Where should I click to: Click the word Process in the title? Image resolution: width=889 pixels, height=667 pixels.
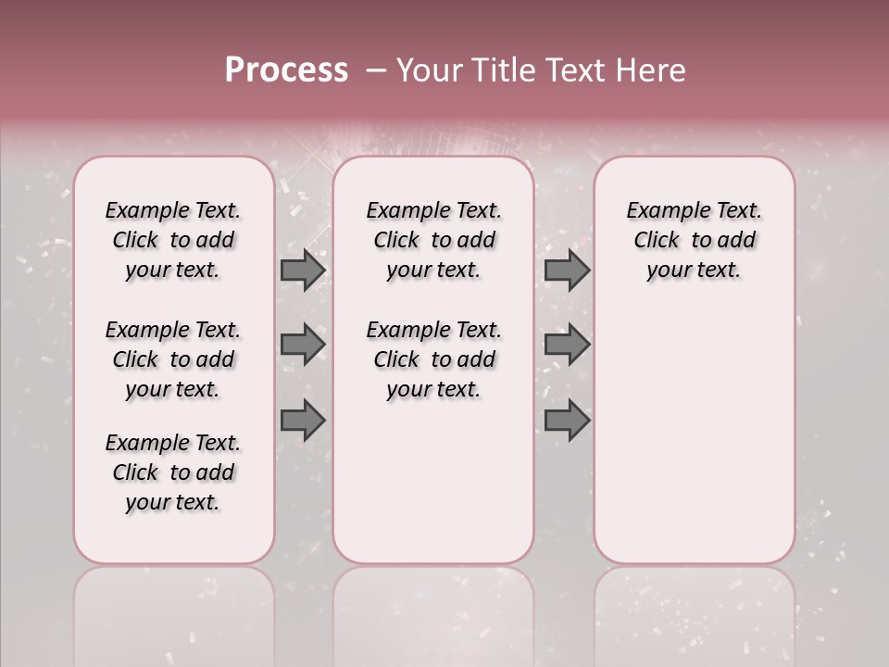click(286, 70)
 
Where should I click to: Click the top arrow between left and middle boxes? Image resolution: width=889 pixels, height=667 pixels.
click(302, 270)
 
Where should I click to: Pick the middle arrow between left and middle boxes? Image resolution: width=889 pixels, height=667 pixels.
click(302, 345)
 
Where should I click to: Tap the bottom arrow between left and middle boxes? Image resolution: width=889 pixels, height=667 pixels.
click(302, 421)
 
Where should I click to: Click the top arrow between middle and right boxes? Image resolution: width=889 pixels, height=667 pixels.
click(566, 270)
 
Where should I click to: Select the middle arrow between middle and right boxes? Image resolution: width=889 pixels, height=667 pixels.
click(566, 345)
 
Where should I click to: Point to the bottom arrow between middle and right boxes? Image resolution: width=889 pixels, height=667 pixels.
click(566, 421)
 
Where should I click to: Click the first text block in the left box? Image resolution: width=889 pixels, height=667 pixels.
click(173, 240)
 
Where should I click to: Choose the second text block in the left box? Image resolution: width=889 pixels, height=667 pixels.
click(173, 359)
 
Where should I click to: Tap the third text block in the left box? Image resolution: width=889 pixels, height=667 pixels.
click(173, 472)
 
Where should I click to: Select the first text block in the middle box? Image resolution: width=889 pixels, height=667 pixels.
click(434, 240)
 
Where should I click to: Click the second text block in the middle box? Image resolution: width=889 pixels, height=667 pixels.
click(434, 359)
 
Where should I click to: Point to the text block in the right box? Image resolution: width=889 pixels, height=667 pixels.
click(695, 240)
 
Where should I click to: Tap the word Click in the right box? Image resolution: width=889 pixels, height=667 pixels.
click(657, 241)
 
